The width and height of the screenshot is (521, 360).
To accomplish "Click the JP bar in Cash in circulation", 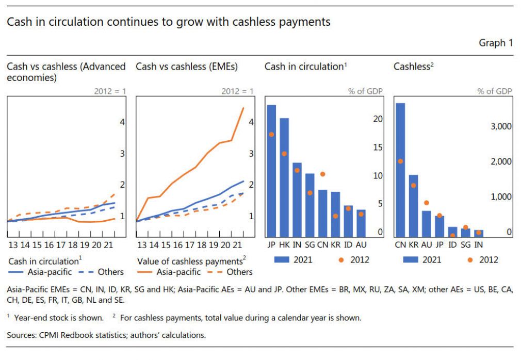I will coord(271,170).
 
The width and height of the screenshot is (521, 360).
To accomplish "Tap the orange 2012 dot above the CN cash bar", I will coord(323,174).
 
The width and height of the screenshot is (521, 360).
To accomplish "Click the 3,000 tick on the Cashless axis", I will coord(499,126).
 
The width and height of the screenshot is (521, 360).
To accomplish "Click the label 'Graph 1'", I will coord(496,43).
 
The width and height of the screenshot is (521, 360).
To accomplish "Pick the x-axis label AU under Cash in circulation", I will coord(361,244).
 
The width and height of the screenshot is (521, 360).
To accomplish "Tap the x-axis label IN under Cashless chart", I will coord(478,244).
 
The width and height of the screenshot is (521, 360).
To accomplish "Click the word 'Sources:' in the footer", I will coord(22,335).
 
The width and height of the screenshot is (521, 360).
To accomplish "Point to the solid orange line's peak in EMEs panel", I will coord(243,108).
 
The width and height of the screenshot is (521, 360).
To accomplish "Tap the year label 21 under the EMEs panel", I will coord(239,244).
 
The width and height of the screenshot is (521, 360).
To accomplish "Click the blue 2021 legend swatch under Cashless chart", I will coord(413,259).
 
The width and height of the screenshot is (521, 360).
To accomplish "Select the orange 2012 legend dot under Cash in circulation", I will coord(340,259).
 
